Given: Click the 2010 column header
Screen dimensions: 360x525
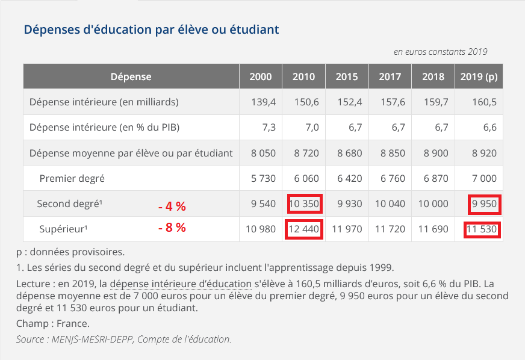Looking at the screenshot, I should tap(303, 76).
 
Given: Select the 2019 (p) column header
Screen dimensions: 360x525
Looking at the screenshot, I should tap(479, 76).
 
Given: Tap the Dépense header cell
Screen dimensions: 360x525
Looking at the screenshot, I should tap(131, 76).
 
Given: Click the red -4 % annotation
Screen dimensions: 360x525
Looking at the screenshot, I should tap(172, 206).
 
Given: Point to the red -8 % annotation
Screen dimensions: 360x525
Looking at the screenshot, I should tap(172, 228).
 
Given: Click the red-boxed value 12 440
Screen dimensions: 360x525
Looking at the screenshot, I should tap(303, 229).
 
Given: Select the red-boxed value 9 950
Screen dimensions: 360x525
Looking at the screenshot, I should tap(484, 204).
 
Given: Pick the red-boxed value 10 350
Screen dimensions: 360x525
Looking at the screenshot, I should tap(303, 204).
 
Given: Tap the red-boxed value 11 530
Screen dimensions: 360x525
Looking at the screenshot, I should tap(482, 229).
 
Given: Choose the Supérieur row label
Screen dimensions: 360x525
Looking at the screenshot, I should tap(62, 229).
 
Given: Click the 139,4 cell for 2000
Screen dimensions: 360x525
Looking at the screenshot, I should tap(263, 102).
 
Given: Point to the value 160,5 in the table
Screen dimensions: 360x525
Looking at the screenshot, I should tap(484, 102).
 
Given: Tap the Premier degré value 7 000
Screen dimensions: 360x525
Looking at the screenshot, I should tap(484, 179).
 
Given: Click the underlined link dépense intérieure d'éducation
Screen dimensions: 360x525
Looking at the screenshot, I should tap(180, 284).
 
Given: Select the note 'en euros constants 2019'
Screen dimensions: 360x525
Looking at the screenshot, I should tap(440, 52).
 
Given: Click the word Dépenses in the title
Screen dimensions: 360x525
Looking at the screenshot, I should tap(52, 29).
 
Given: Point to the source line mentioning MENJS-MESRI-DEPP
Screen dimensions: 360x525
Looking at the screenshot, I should tap(123, 340).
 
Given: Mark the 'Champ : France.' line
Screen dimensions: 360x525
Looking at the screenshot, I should tap(53, 324).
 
